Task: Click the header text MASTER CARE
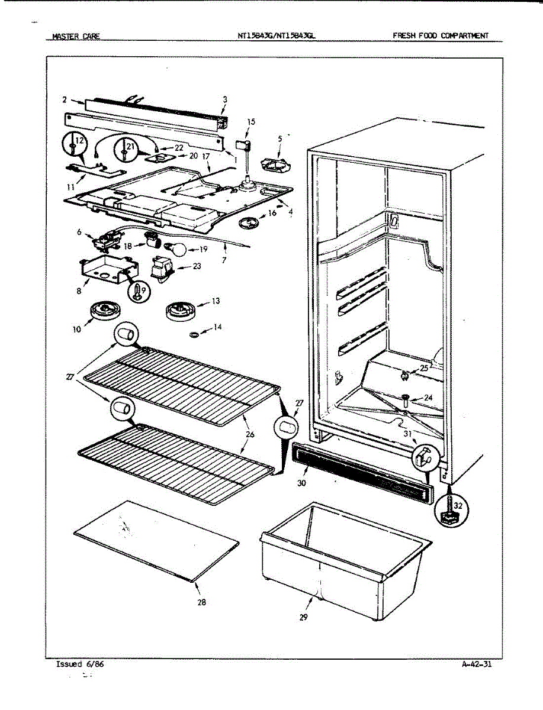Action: click(x=76, y=36)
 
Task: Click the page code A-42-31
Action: click(x=476, y=664)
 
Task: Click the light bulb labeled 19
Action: click(x=178, y=249)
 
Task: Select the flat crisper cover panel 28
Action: click(x=157, y=541)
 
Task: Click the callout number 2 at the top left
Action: click(x=65, y=99)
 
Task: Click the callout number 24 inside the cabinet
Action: click(x=429, y=398)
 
